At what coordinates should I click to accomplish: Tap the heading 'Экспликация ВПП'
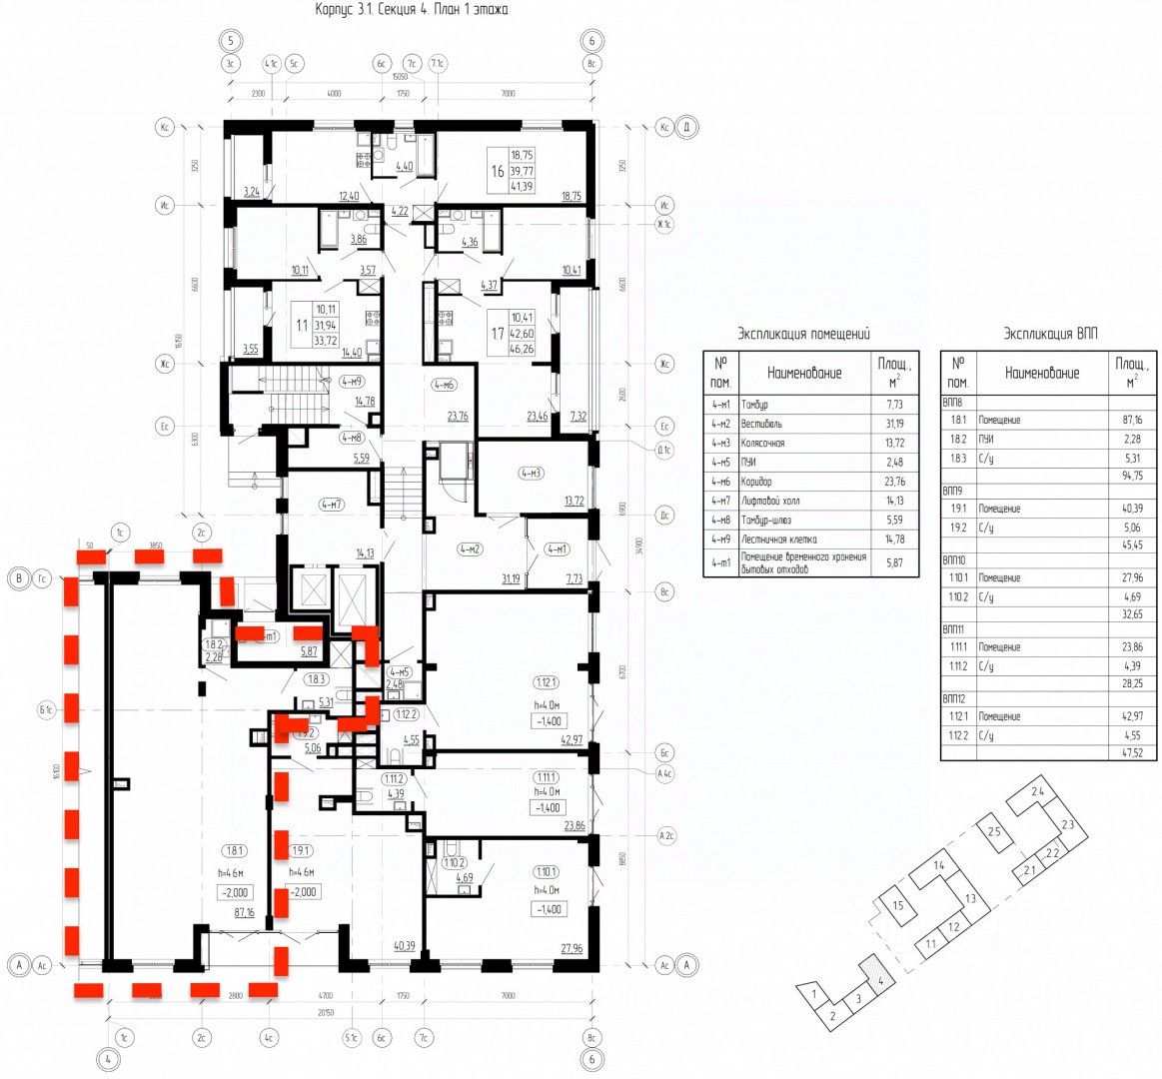point(1049,333)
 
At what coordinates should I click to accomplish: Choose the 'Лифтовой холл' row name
point(771,500)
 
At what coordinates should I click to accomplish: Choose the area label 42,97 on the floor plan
point(572,740)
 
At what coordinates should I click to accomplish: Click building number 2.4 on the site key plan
point(1038,791)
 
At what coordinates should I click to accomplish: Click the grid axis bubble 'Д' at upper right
point(686,128)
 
